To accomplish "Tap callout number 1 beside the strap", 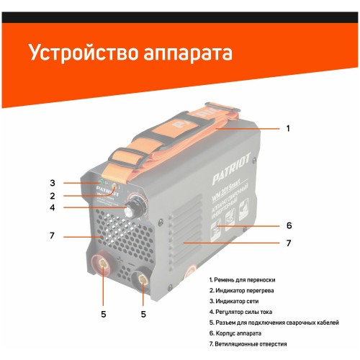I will point(288,128).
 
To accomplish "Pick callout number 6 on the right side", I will point(288,225).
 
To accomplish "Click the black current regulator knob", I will point(132,210).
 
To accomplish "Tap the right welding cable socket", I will point(143,279).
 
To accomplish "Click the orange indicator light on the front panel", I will point(113,188).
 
